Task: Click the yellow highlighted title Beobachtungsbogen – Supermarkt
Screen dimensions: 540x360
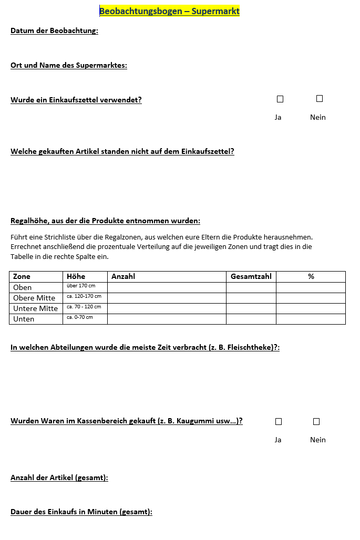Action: click(x=169, y=11)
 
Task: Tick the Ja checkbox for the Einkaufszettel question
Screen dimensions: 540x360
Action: click(x=280, y=99)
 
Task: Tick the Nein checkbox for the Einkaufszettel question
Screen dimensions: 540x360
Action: click(x=320, y=99)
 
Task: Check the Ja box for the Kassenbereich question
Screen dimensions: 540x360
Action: click(x=279, y=421)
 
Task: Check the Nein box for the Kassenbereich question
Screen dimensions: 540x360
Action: click(x=316, y=421)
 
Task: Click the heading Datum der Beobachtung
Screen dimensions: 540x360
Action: click(x=54, y=30)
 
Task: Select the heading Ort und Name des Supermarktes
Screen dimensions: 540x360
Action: click(x=69, y=66)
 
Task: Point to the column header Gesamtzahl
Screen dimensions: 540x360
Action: click(x=251, y=276)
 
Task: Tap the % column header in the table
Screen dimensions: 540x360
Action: click(x=311, y=276)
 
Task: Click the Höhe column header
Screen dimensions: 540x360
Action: click(x=76, y=276)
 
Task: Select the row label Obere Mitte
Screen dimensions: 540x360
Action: click(x=34, y=298)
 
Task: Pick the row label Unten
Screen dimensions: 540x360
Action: click(x=24, y=319)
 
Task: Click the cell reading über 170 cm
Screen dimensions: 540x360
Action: click(x=81, y=286)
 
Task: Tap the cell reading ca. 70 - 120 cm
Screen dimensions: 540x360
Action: click(x=84, y=307)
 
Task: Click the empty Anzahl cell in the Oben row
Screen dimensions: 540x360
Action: click(x=167, y=287)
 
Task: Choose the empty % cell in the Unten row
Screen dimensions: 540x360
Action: click(x=311, y=319)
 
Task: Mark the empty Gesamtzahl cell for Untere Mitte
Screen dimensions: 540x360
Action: click(x=251, y=308)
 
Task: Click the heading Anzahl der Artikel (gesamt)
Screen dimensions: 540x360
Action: click(x=59, y=477)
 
